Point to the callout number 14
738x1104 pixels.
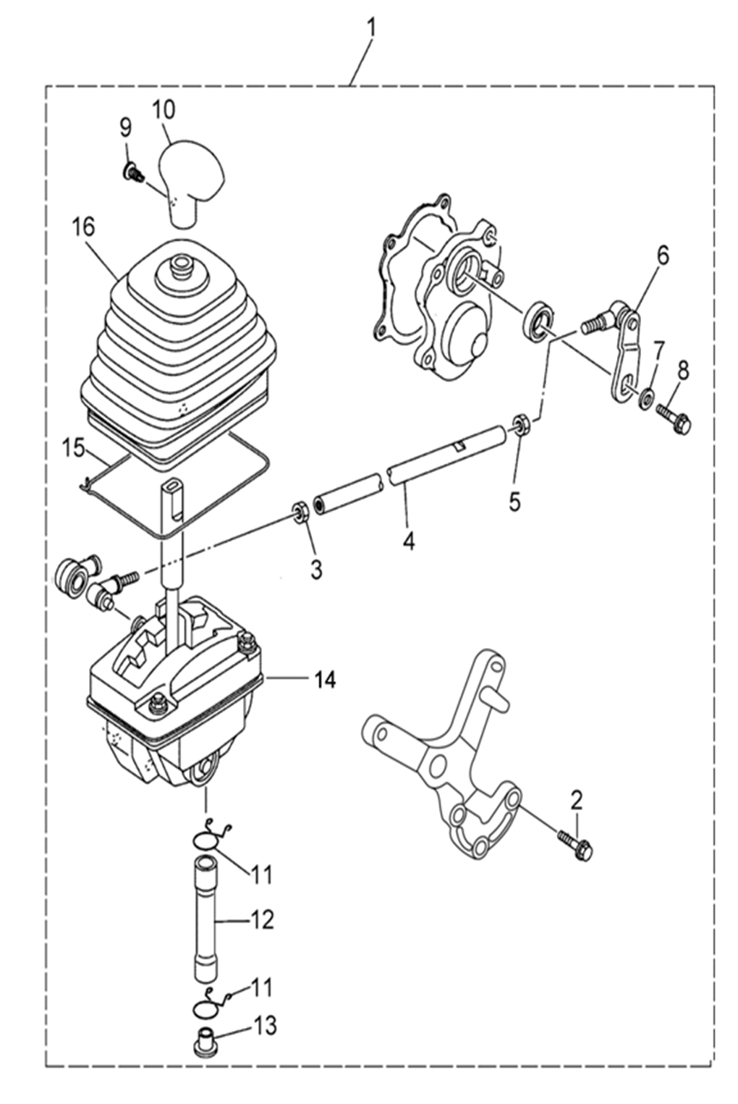click(x=324, y=680)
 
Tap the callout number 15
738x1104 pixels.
click(x=75, y=450)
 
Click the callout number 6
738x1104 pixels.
click(x=663, y=257)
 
